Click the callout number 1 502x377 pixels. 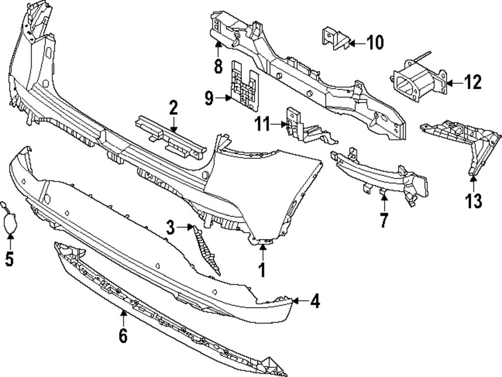pyautogui.click(x=261, y=270)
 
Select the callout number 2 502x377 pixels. pyautogui.click(x=173, y=107)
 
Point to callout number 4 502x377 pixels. pyautogui.click(x=315, y=301)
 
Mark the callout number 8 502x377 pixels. pyautogui.click(x=218, y=66)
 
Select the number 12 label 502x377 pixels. pyautogui.click(x=472, y=82)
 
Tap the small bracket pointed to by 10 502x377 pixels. pyautogui.click(x=332, y=39)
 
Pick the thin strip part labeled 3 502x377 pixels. pyautogui.click(x=207, y=249)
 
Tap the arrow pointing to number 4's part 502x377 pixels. pyautogui.click(x=299, y=301)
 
